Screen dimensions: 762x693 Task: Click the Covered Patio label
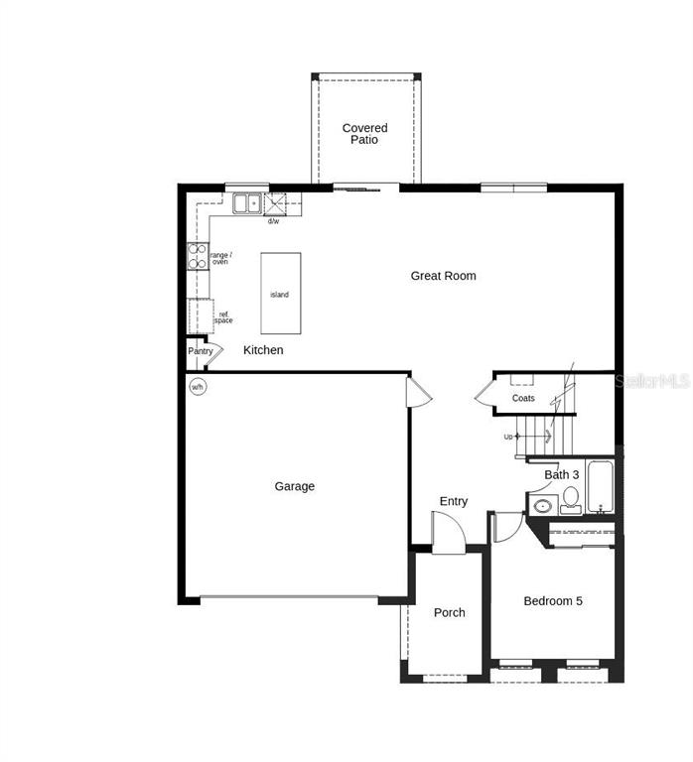pos(364,134)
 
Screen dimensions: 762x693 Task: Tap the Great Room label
pos(443,276)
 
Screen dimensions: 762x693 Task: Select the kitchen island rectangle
pos(281,293)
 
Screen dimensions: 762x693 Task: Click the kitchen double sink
pos(246,203)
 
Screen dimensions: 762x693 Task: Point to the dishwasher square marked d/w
pos(275,204)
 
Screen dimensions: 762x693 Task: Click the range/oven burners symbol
pos(197,257)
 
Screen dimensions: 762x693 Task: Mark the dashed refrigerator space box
pos(201,316)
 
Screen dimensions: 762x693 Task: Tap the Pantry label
pos(201,351)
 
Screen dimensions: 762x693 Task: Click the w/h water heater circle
pos(197,386)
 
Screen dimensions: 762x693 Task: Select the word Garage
pos(295,486)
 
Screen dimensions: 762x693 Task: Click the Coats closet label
pos(523,398)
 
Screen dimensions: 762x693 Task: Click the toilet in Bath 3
pos(570,500)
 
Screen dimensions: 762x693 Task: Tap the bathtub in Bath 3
pos(599,486)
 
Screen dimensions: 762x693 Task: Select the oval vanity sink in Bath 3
pos(542,506)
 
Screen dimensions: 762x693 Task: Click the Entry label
pos(453,502)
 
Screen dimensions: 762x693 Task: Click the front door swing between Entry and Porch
pos(448,533)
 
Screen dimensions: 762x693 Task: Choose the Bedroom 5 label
pos(553,601)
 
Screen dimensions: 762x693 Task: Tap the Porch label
pos(449,613)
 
